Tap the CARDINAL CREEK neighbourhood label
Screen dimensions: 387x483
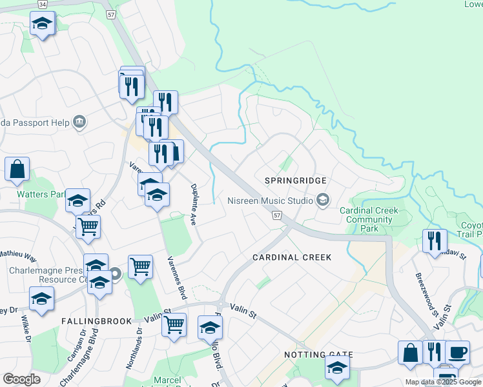pyautogui.click(x=292, y=257)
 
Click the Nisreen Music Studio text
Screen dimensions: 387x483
pyautogui.click(x=270, y=201)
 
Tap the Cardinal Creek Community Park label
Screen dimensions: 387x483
pyautogui.click(x=369, y=219)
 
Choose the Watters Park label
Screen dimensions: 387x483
pyautogui.click(x=41, y=193)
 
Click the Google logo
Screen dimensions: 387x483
pyautogui.click(x=22, y=379)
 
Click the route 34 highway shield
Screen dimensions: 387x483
pyautogui.click(x=43, y=4)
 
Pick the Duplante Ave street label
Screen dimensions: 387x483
pyautogui.click(x=192, y=204)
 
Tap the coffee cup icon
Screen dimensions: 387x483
pyautogui.click(x=457, y=352)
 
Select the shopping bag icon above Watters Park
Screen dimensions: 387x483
pyautogui.click(x=17, y=170)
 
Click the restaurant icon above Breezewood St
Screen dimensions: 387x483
pyautogui.click(x=435, y=241)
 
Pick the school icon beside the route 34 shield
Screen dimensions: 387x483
pyautogui.click(x=43, y=24)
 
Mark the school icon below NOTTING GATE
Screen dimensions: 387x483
pyautogui.click(x=336, y=368)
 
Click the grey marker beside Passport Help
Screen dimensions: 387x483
pyautogui.click(x=80, y=121)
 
